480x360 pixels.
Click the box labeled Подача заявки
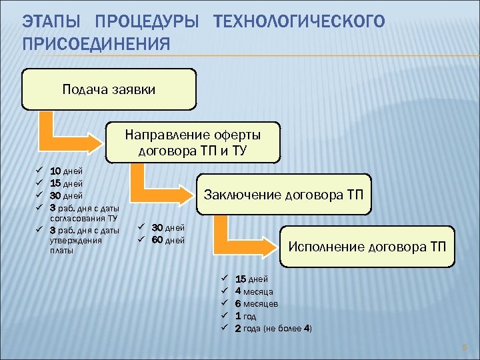109,89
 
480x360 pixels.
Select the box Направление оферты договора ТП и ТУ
193,143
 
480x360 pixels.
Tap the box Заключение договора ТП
283,195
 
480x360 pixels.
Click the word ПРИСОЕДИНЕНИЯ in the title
96,45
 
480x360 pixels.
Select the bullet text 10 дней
67,171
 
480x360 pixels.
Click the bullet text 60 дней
168,240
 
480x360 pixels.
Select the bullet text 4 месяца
254,291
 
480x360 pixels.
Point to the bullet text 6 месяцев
257,304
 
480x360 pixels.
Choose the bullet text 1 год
245,316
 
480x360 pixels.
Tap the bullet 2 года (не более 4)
273,329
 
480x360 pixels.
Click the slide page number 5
465,347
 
